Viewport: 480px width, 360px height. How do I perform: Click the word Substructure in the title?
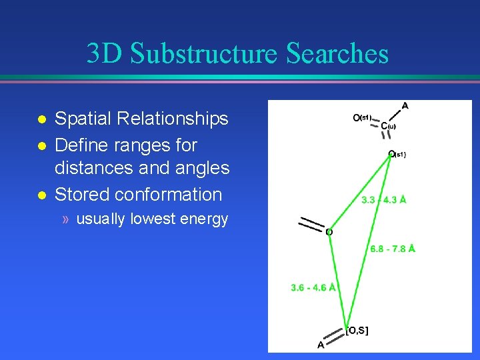point(204,54)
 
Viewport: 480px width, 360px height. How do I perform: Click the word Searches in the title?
point(337,54)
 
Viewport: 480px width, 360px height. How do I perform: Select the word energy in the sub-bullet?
point(206,219)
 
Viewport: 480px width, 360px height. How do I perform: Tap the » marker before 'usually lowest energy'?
point(66,219)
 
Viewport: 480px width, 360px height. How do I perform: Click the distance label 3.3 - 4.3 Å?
point(383,199)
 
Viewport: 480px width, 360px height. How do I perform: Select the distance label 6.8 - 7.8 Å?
point(393,249)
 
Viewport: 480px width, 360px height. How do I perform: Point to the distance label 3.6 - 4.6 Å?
point(313,287)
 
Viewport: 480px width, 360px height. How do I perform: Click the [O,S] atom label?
point(357,330)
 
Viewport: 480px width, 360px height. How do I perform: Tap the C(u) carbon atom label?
point(388,125)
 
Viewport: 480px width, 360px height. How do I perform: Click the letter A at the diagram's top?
point(405,105)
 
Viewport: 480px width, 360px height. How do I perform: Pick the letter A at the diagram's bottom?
point(321,345)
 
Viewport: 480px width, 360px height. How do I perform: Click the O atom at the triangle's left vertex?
point(329,232)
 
